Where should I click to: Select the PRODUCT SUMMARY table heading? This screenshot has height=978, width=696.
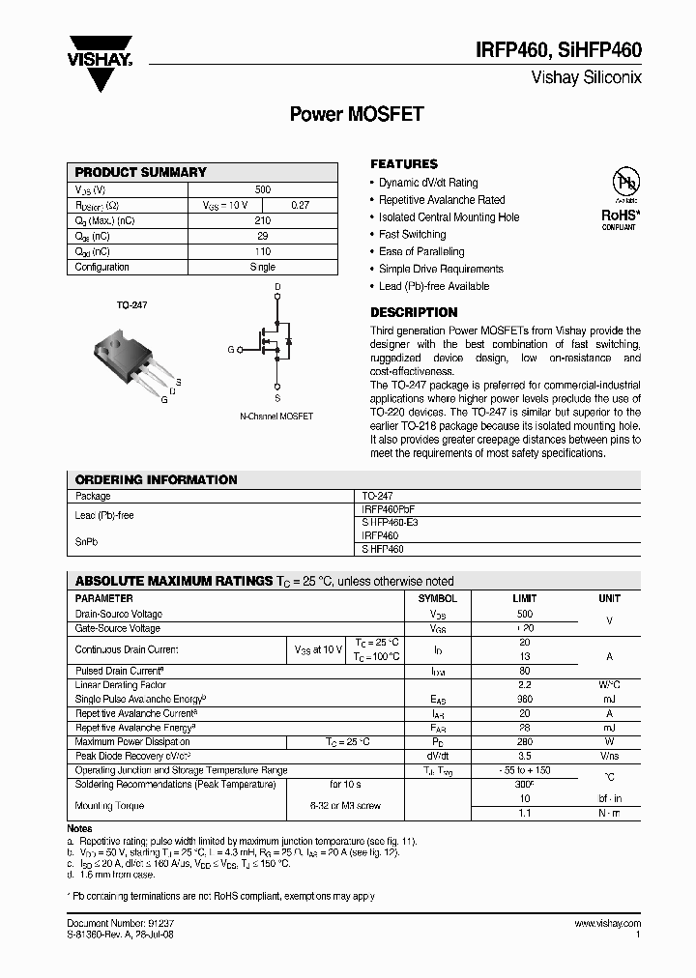pyautogui.click(x=141, y=172)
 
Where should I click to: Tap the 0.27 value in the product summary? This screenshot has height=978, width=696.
pyautogui.click(x=300, y=205)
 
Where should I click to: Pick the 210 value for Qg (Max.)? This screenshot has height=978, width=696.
pyautogui.click(x=262, y=220)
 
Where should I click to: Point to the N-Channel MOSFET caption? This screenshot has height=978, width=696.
pyautogui.click(x=276, y=417)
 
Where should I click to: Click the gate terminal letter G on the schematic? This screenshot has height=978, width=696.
pyautogui.click(x=230, y=349)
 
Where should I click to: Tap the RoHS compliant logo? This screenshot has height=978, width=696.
pyautogui.click(x=618, y=200)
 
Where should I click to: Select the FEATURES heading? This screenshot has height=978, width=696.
pyautogui.click(x=404, y=164)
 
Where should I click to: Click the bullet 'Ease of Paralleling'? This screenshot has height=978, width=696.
pyautogui.click(x=421, y=251)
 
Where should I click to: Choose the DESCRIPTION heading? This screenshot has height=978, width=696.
pyautogui.click(x=414, y=312)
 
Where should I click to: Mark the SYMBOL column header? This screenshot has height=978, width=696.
pyautogui.click(x=437, y=599)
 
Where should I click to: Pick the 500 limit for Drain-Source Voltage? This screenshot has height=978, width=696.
pyautogui.click(x=525, y=614)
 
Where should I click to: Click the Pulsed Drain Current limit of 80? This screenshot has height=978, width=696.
pyautogui.click(x=525, y=670)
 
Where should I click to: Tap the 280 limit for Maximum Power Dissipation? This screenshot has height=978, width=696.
pyautogui.click(x=525, y=741)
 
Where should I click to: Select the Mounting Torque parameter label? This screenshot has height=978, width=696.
pyautogui.click(x=109, y=805)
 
